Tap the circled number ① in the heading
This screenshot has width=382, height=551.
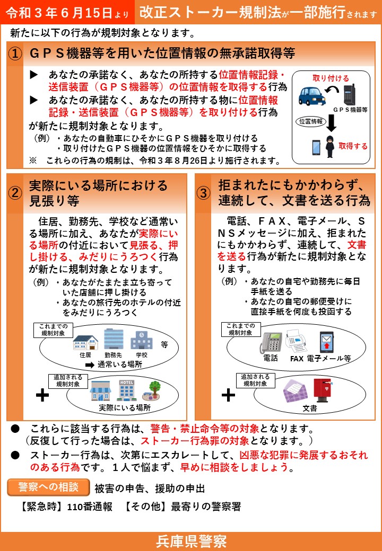click(16, 54)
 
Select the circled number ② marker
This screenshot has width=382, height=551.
click(15, 193)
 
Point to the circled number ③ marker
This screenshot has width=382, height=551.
click(204, 193)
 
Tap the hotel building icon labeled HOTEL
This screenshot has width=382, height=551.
click(126, 389)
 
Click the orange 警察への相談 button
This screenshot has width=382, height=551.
click(48, 486)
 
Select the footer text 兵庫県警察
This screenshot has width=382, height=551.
click(191, 541)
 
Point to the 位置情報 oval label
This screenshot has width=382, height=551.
click(310, 121)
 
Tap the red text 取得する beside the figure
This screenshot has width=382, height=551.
click(353, 146)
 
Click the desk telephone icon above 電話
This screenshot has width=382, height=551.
click(271, 342)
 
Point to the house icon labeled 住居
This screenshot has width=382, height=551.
click(85, 342)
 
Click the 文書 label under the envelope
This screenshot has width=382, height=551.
click(310, 408)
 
